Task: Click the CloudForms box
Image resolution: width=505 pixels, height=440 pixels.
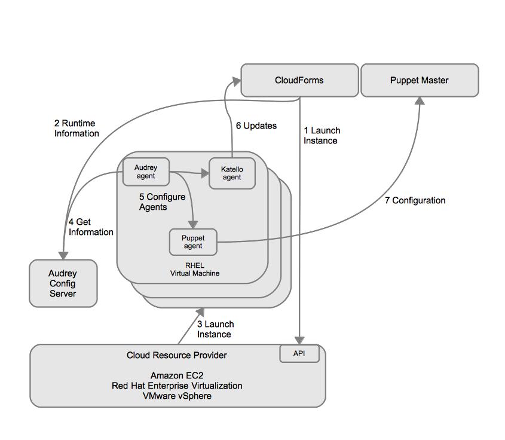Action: pyautogui.click(x=299, y=80)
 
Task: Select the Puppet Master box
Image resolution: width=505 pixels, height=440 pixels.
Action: pyautogui.click(x=420, y=80)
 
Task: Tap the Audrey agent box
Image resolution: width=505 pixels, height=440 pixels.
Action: pyautogui.click(x=146, y=172)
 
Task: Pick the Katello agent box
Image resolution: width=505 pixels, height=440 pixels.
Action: pyautogui.click(x=232, y=173)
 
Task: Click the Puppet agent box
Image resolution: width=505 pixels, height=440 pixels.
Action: pyautogui.click(x=193, y=242)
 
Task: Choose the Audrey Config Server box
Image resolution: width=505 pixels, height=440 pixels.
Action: pyautogui.click(x=63, y=283)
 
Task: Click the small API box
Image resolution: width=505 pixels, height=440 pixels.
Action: pyautogui.click(x=299, y=353)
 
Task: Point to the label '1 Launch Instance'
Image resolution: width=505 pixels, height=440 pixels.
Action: pyautogui.click(x=322, y=136)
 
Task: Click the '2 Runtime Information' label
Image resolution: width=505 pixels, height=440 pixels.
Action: pyautogui.click(x=76, y=129)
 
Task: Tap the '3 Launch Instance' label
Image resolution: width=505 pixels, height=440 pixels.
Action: pyautogui.click(x=215, y=329)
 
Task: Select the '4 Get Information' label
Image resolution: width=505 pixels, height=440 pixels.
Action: pyautogui.click(x=91, y=227)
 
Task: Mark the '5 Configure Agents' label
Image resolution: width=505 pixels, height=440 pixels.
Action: pyautogui.click(x=162, y=202)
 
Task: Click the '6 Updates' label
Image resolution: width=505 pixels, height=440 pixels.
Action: pyautogui.click(x=256, y=126)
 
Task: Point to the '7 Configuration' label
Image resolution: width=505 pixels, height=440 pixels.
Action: pyautogui.click(x=415, y=200)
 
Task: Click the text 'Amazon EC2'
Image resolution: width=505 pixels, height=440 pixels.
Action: pyautogui.click(x=176, y=375)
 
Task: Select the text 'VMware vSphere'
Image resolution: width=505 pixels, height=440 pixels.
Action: pyautogui.click(x=176, y=396)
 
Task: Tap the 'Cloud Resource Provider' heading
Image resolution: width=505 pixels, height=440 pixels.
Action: pyautogui.click(x=176, y=355)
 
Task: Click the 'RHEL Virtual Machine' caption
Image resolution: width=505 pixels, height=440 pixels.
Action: pyautogui.click(x=194, y=269)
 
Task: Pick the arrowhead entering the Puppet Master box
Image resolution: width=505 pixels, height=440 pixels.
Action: pyautogui.click(x=420, y=101)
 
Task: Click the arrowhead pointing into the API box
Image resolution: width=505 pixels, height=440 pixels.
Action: pyautogui.click(x=299, y=341)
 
